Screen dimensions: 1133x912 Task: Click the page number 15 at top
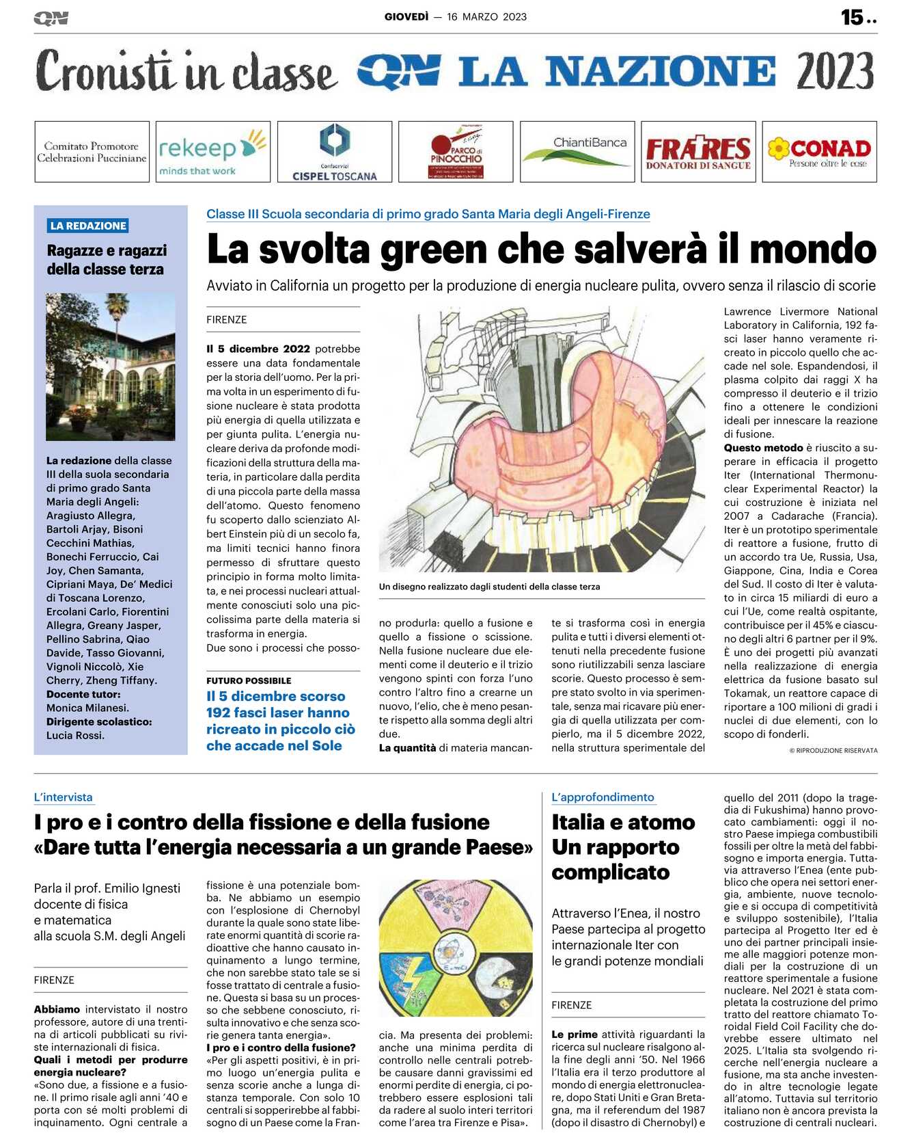point(852,17)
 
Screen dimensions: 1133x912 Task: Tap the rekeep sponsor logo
point(212,151)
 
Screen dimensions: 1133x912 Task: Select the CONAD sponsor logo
point(819,151)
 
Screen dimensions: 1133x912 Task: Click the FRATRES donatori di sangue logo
point(697,152)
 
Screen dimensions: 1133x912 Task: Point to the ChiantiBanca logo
point(577,151)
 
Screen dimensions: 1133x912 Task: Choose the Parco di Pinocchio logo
point(456,152)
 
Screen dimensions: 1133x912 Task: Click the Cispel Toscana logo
point(334,152)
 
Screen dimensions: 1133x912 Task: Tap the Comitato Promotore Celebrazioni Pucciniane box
point(92,152)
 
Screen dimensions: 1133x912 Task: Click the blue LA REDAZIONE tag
point(88,226)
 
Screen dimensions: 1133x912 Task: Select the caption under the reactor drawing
point(489,587)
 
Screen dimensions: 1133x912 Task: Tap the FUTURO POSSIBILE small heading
point(249,680)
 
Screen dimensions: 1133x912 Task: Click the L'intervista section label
point(63,797)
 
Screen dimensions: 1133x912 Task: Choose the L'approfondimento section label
point(603,797)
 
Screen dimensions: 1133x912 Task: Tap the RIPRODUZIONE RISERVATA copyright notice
point(833,750)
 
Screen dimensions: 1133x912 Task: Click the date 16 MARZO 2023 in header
point(486,17)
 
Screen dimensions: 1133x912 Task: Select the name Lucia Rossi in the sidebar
point(75,735)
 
